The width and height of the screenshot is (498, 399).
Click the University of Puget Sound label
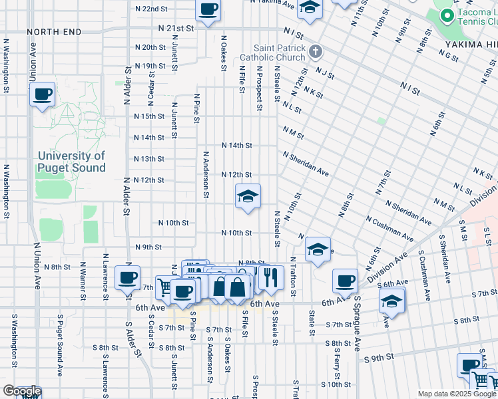coord(71,162)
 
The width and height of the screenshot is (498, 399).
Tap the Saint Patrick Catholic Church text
coord(282,53)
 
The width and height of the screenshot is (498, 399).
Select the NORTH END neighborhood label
coord(54,32)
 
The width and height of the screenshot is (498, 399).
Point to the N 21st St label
coord(176,29)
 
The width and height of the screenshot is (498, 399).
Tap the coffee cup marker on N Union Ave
coord(42,94)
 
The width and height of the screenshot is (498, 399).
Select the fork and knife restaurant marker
coord(270,277)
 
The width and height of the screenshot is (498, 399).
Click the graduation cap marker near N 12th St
coord(248,197)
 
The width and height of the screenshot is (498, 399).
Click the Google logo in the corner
coord(21,391)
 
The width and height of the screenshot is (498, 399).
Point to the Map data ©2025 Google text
coord(457,394)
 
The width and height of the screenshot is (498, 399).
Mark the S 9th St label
coord(379,358)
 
